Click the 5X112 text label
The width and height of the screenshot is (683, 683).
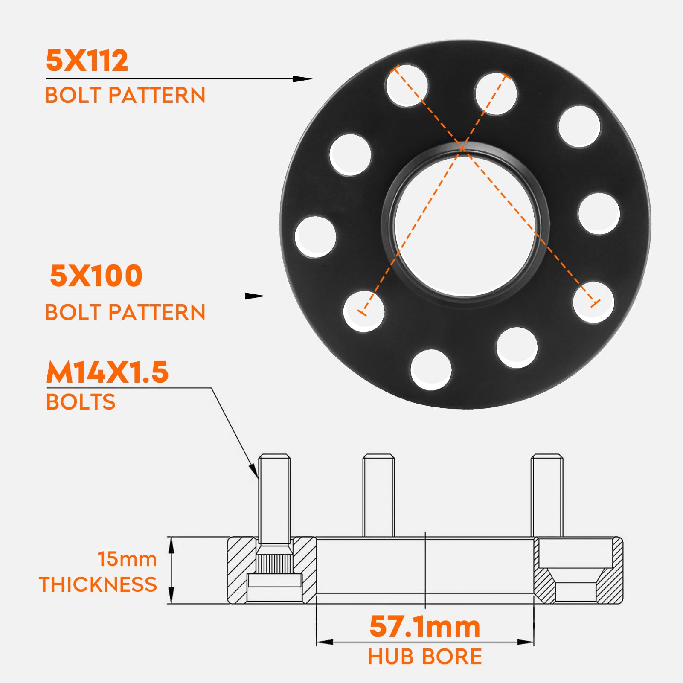click(x=87, y=60)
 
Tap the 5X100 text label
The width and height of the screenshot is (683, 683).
click(x=96, y=276)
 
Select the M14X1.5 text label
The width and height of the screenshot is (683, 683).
click(x=107, y=372)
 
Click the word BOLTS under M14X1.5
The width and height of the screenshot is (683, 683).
click(x=81, y=402)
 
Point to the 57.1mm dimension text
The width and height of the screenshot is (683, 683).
click(x=425, y=627)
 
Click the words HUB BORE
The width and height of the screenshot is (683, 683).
click(x=425, y=657)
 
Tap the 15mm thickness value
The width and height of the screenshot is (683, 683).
click(x=127, y=559)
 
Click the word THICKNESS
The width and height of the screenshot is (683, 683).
click(x=98, y=584)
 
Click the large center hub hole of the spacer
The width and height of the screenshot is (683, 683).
click(x=465, y=224)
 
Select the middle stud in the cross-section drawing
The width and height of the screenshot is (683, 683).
click(x=378, y=495)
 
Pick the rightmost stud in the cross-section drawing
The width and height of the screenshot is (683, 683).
click(x=547, y=495)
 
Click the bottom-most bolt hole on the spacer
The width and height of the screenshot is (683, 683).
click(x=431, y=370)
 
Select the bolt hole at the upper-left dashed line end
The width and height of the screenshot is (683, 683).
click(x=407, y=85)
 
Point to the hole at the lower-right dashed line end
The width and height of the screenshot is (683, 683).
click(x=593, y=302)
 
